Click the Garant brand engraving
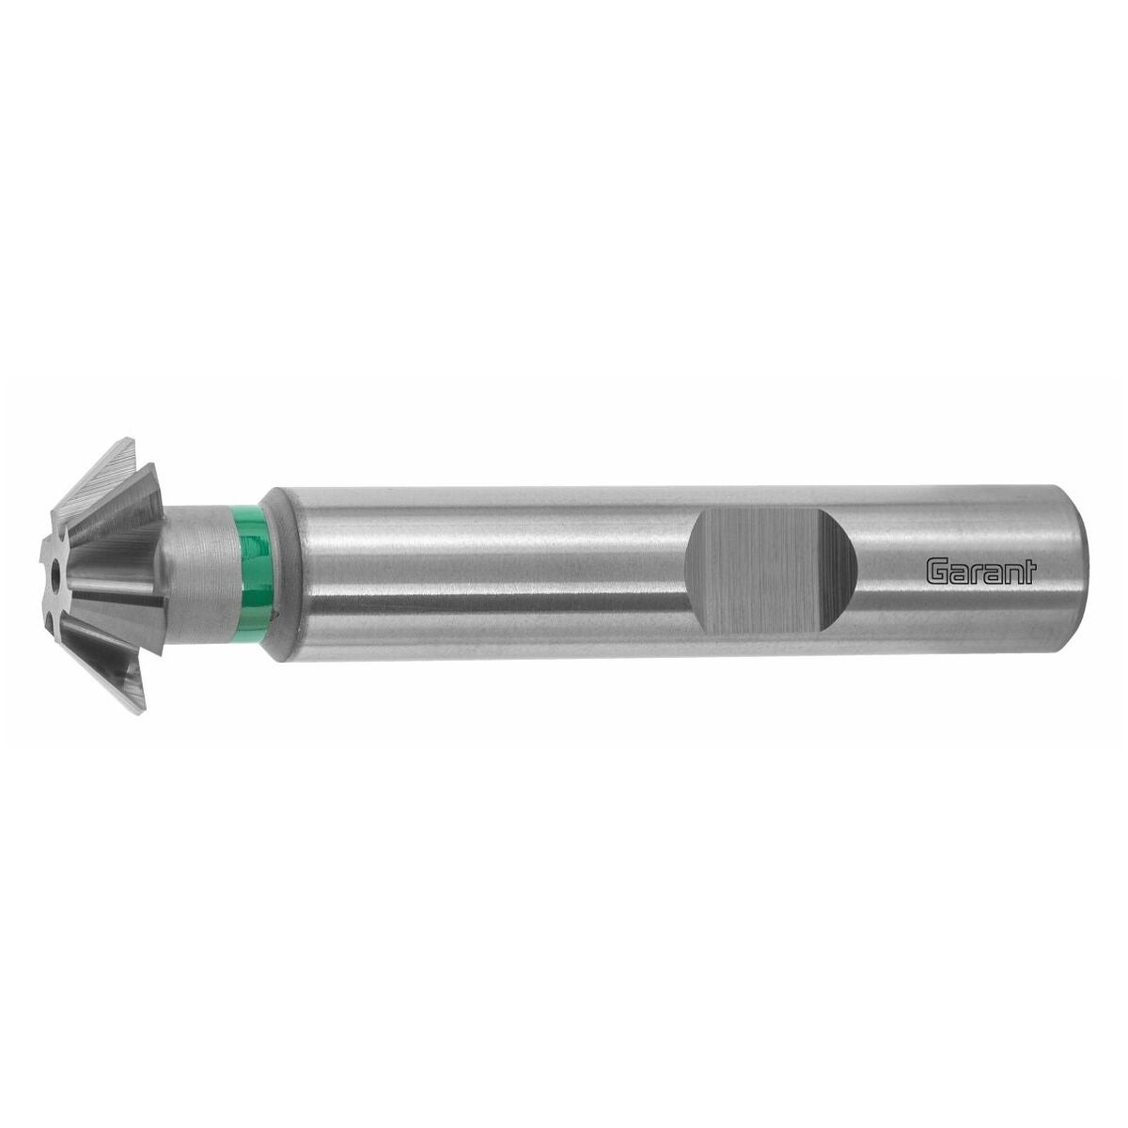point(980,571)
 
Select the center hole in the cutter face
point(56,570)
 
